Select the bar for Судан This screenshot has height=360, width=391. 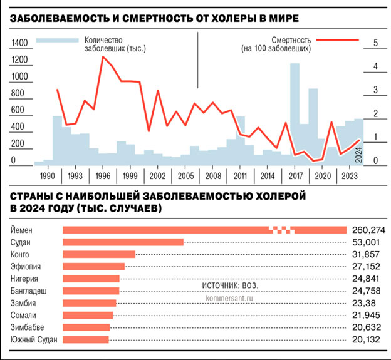pos(123,242)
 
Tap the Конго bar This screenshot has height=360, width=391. pos(99,254)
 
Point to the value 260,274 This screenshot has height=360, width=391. pos(368,230)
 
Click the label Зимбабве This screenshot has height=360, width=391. pos(28,327)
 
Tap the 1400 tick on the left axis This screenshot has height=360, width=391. pos(20,43)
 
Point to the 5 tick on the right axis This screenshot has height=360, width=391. pos(375,43)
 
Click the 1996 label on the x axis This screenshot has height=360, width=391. pos(104,176)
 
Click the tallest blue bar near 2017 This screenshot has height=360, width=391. pos(295,113)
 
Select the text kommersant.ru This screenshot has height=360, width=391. pos(229,297)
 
